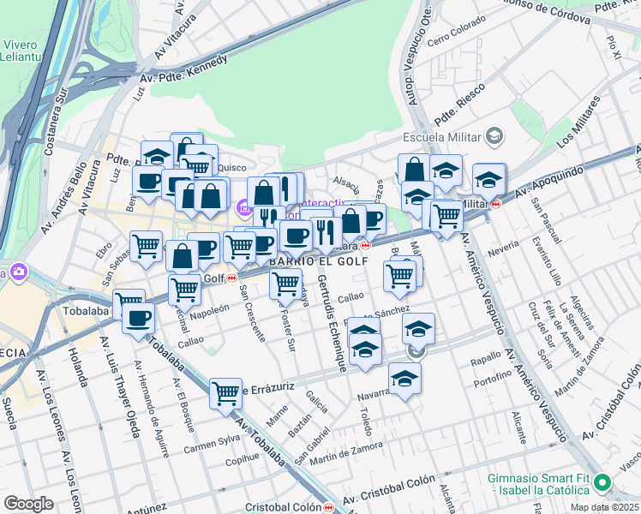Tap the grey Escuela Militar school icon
[x=493, y=136]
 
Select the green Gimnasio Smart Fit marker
[x=602, y=483]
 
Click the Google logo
[x=28, y=504]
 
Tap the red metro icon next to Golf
[x=231, y=278]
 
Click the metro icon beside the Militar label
[x=495, y=204]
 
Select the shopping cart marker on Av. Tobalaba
[x=225, y=394]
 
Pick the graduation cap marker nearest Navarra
[x=404, y=378]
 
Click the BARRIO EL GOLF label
[x=319, y=260]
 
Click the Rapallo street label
[x=485, y=361]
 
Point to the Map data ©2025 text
[x=604, y=507]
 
